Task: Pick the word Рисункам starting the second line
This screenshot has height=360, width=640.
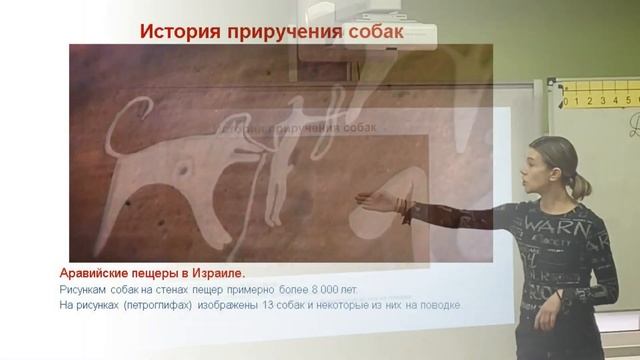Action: (83, 289)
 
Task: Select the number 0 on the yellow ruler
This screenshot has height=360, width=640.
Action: (566, 101)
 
